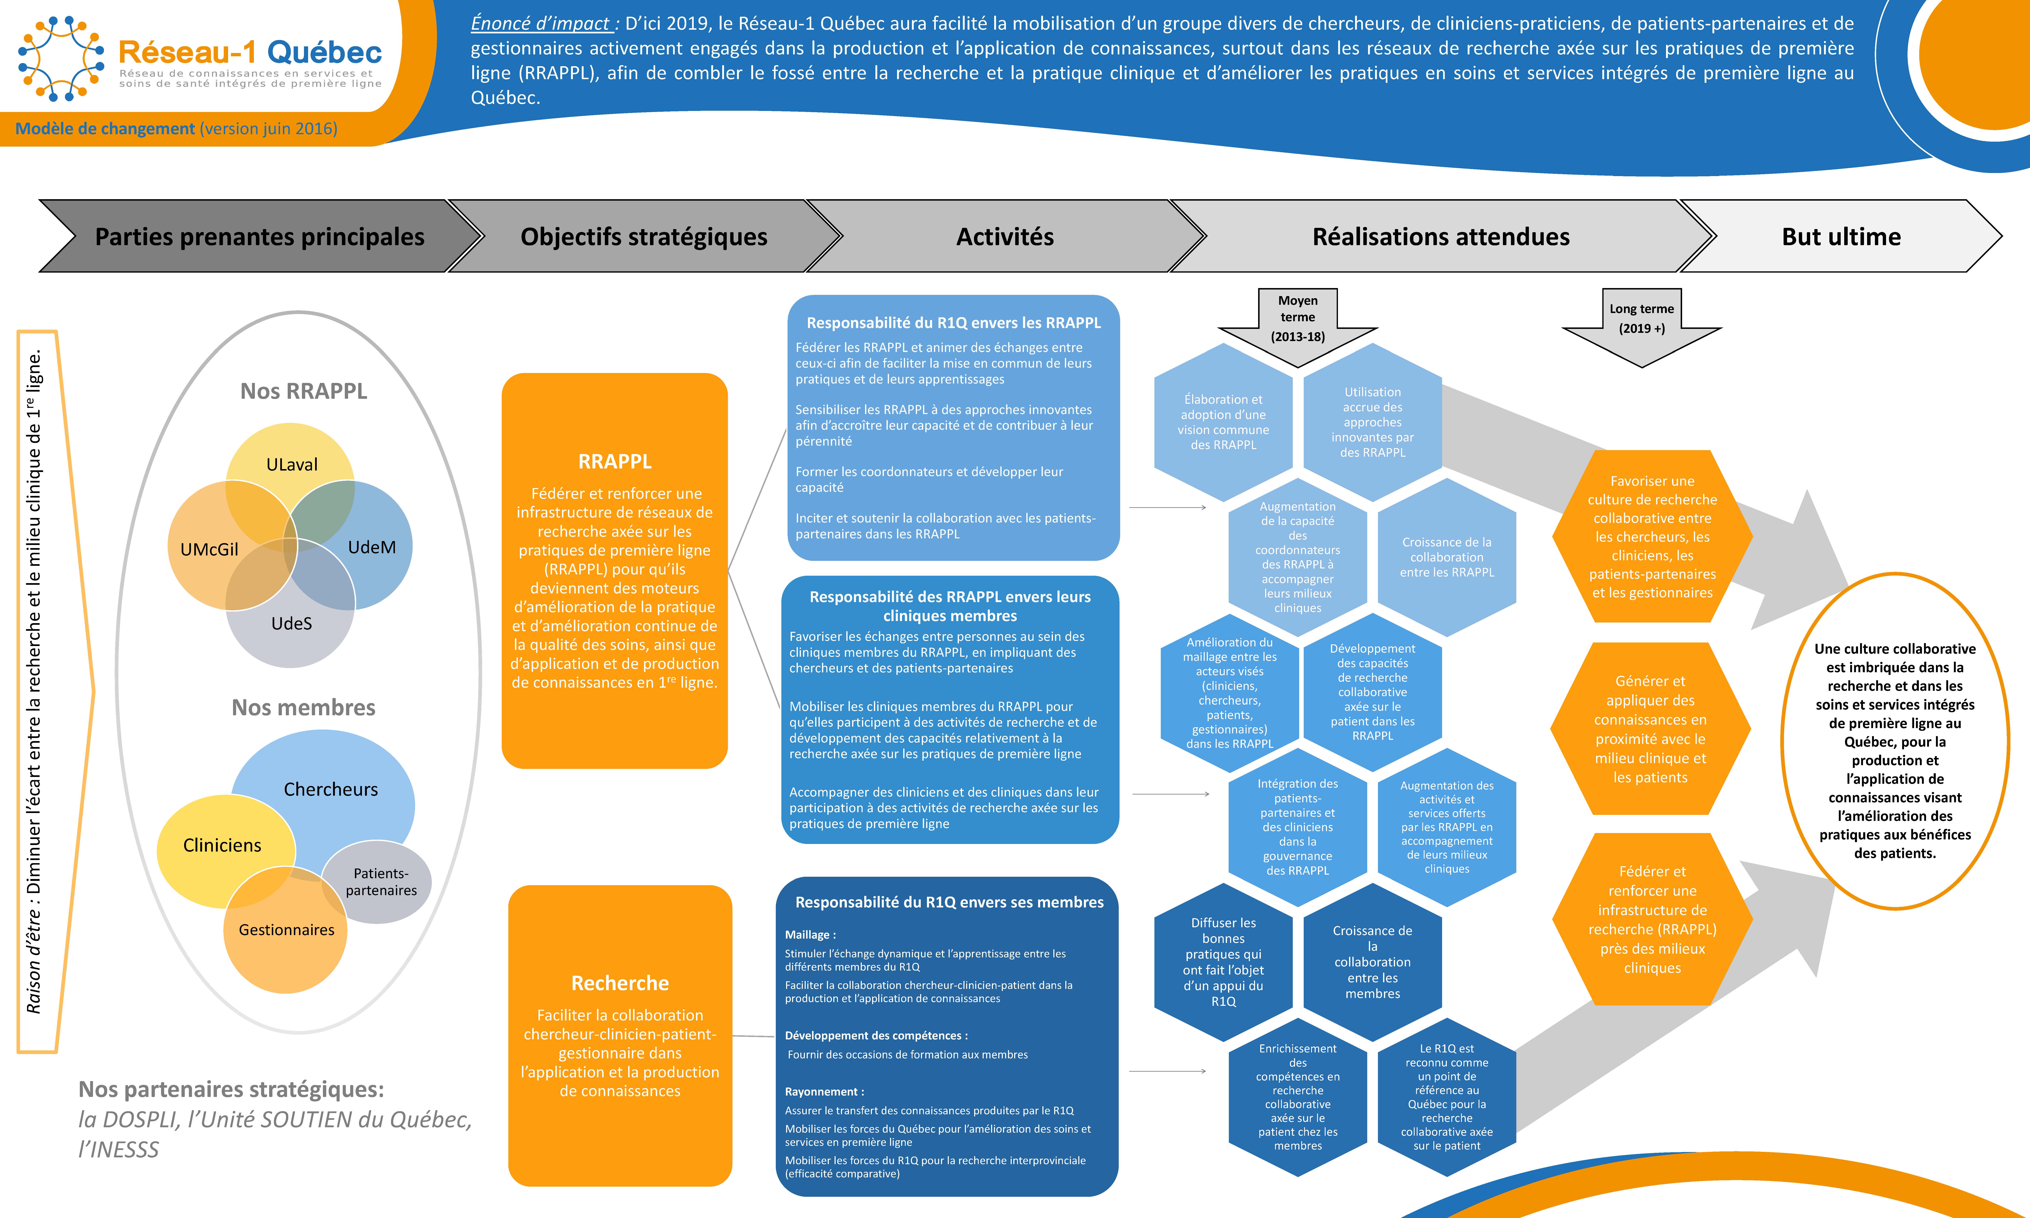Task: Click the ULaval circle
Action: [x=291, y=465]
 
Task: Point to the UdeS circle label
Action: [x=291, y=624]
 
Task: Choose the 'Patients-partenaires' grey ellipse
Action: [x=380, y=881]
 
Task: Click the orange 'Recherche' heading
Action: [x=620, y=983]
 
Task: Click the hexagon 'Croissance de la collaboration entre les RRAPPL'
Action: [x=1446, y=557]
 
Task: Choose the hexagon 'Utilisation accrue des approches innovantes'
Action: [x=1373, y=422]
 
